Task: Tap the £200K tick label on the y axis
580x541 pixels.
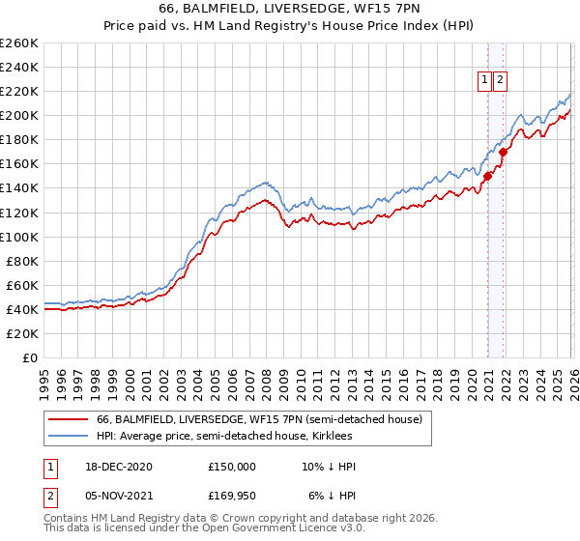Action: click(18, 115)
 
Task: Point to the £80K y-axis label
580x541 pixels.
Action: click(21, 261)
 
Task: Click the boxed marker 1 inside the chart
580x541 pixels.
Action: click(482, 81)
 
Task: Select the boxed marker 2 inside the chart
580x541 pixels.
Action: click(500, 81)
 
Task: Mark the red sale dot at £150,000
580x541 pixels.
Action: click(488, 176)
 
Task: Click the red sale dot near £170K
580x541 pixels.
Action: click(504, 152)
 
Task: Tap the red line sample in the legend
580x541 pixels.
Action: click(67, 420)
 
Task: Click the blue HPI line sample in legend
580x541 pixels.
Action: click(67, 437)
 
